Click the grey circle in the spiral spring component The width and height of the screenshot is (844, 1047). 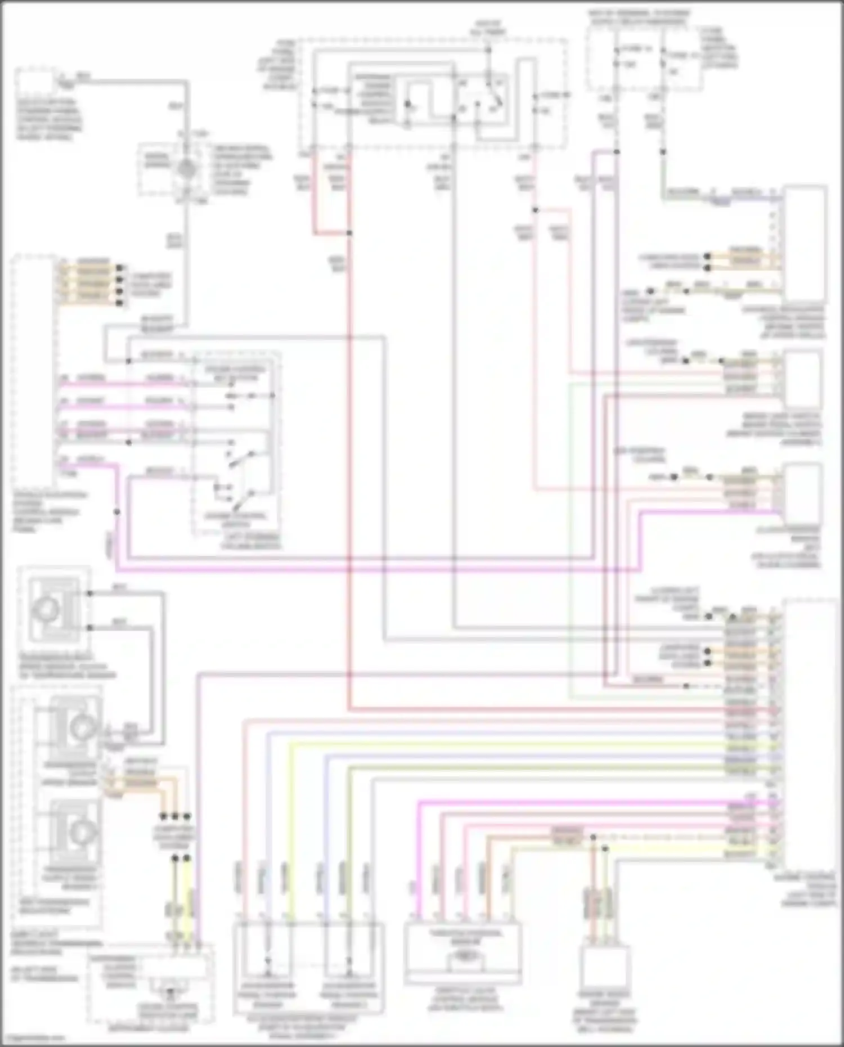tap(187, 168)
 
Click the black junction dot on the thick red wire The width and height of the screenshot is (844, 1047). tap(349, 232)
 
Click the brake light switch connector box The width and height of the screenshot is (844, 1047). tap(802, 378)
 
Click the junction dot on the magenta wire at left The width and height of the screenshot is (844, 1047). tap(117, 511)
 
